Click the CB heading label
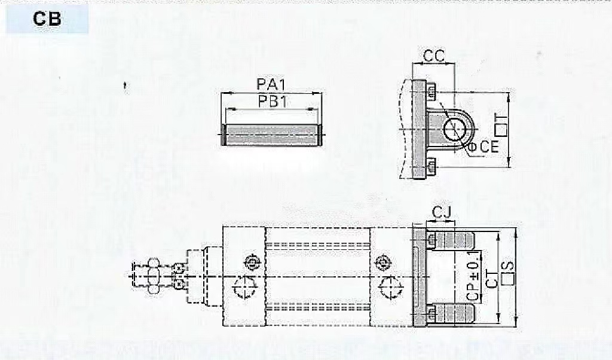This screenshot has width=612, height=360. (47, 19)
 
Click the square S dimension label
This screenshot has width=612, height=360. (509, 274)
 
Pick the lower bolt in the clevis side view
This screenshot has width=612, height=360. (432, 162)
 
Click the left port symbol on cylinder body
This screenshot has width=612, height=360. (252, 263)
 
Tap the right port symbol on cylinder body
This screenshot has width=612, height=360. (382, 263)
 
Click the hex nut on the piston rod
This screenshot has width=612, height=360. (153, 276)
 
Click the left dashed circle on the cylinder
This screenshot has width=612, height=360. (245, 288)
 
